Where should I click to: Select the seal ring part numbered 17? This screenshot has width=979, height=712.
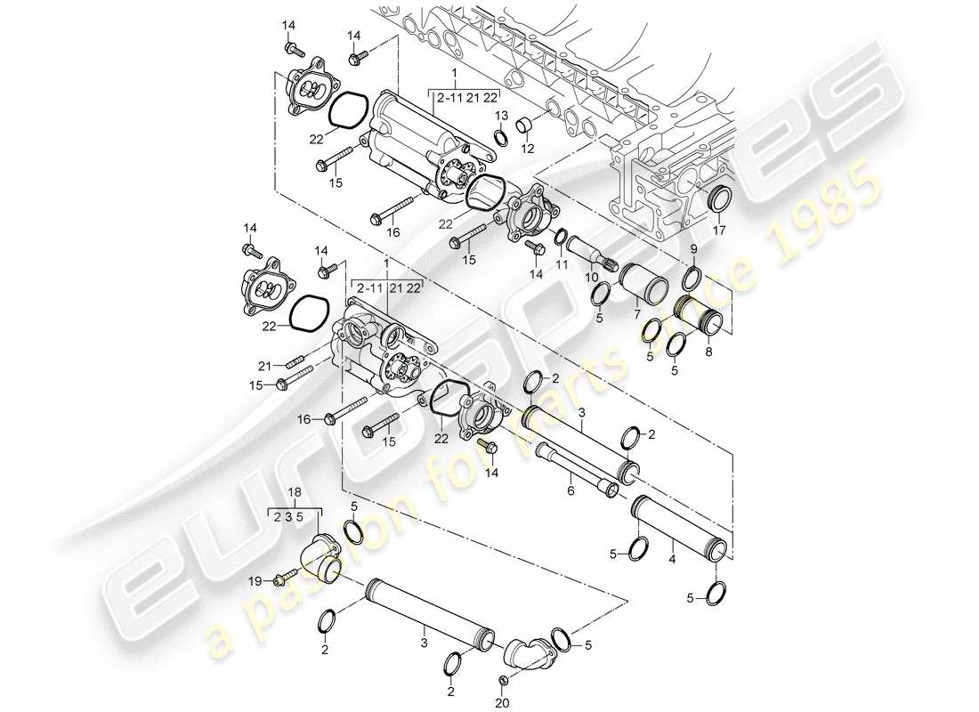click(717, 201)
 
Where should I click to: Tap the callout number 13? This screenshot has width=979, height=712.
click(501, 117)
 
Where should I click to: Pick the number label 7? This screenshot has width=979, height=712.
click(635, 314)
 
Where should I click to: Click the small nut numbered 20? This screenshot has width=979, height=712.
click(502, 681)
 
